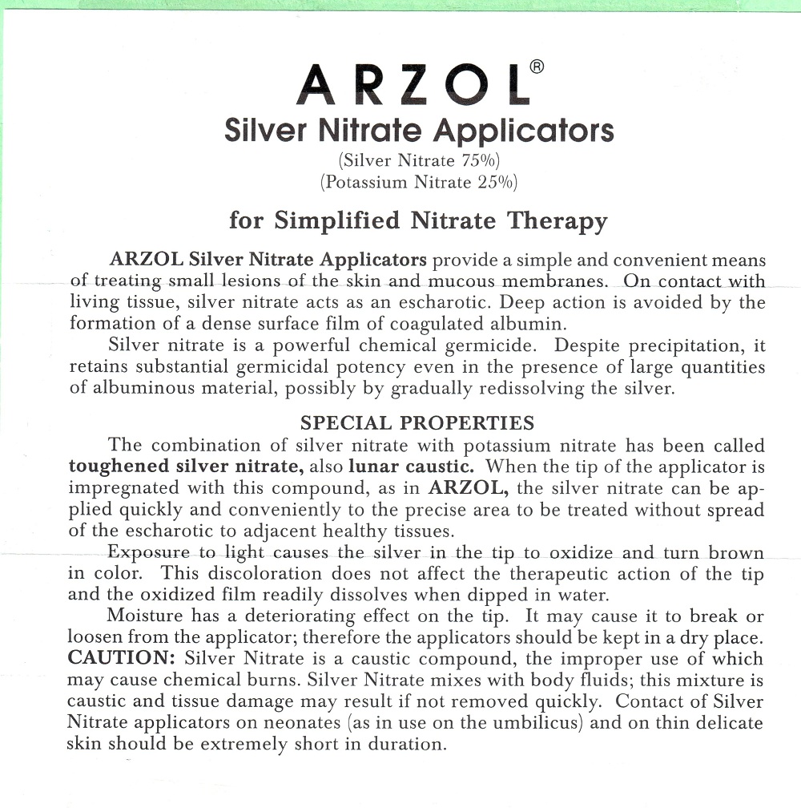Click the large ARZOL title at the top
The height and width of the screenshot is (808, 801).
412,84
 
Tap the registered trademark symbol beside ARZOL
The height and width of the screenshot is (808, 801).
537,67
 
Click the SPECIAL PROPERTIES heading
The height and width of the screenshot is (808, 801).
417,422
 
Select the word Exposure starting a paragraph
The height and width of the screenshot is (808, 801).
149,553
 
